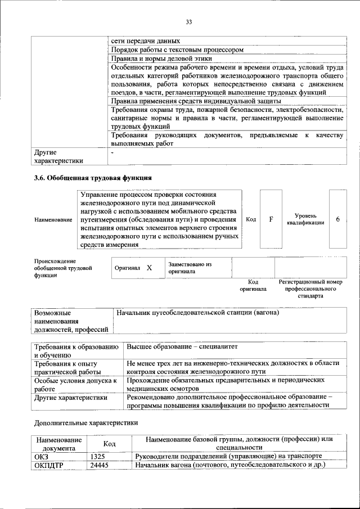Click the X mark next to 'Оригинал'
[149, 268]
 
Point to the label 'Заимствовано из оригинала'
[190, 267]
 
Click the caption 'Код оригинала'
[253, 285]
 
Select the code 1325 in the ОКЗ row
[99, 456]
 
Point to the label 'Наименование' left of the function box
[53, 219]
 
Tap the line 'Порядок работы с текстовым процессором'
[177, 49]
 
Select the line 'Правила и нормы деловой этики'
[161, 58]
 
